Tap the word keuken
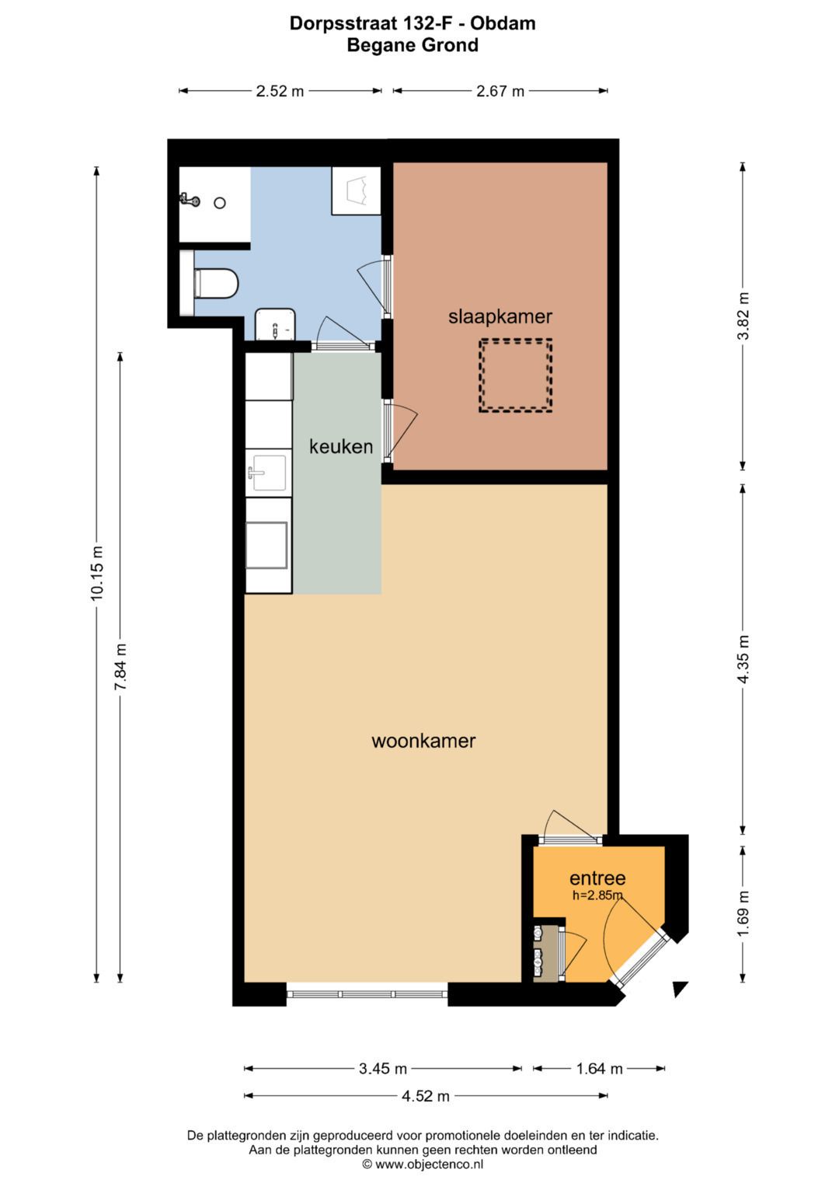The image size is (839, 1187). click(x=341, y=446)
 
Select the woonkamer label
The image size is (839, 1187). click(x=423, y=741)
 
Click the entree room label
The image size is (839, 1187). click(x=597, y=878)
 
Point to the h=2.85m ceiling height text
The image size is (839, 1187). click(x=597, y=895)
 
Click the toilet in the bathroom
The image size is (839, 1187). click(x=215, y=284)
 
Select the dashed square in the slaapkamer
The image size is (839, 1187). click(x=515, y=375)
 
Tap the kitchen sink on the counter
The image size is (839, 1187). click(x=267, y=472)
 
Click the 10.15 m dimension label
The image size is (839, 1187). click(x=97, y=574)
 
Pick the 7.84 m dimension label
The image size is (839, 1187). click(x=120, y=667)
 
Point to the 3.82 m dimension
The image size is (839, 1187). click(x=743, y=316)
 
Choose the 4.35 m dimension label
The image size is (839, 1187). click(x=743, y=659)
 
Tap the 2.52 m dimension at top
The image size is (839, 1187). click(x=280, y=91)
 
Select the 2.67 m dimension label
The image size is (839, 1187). click(x=500, y=91)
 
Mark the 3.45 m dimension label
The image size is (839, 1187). click(x=383, y=1069)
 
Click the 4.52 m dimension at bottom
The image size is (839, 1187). click(x=426, y=1096)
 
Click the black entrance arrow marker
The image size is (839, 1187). click(x=680, y=989)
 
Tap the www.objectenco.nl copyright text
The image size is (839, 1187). click(x=423, y=1164)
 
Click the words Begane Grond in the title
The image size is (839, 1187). click(x=413, y=45)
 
